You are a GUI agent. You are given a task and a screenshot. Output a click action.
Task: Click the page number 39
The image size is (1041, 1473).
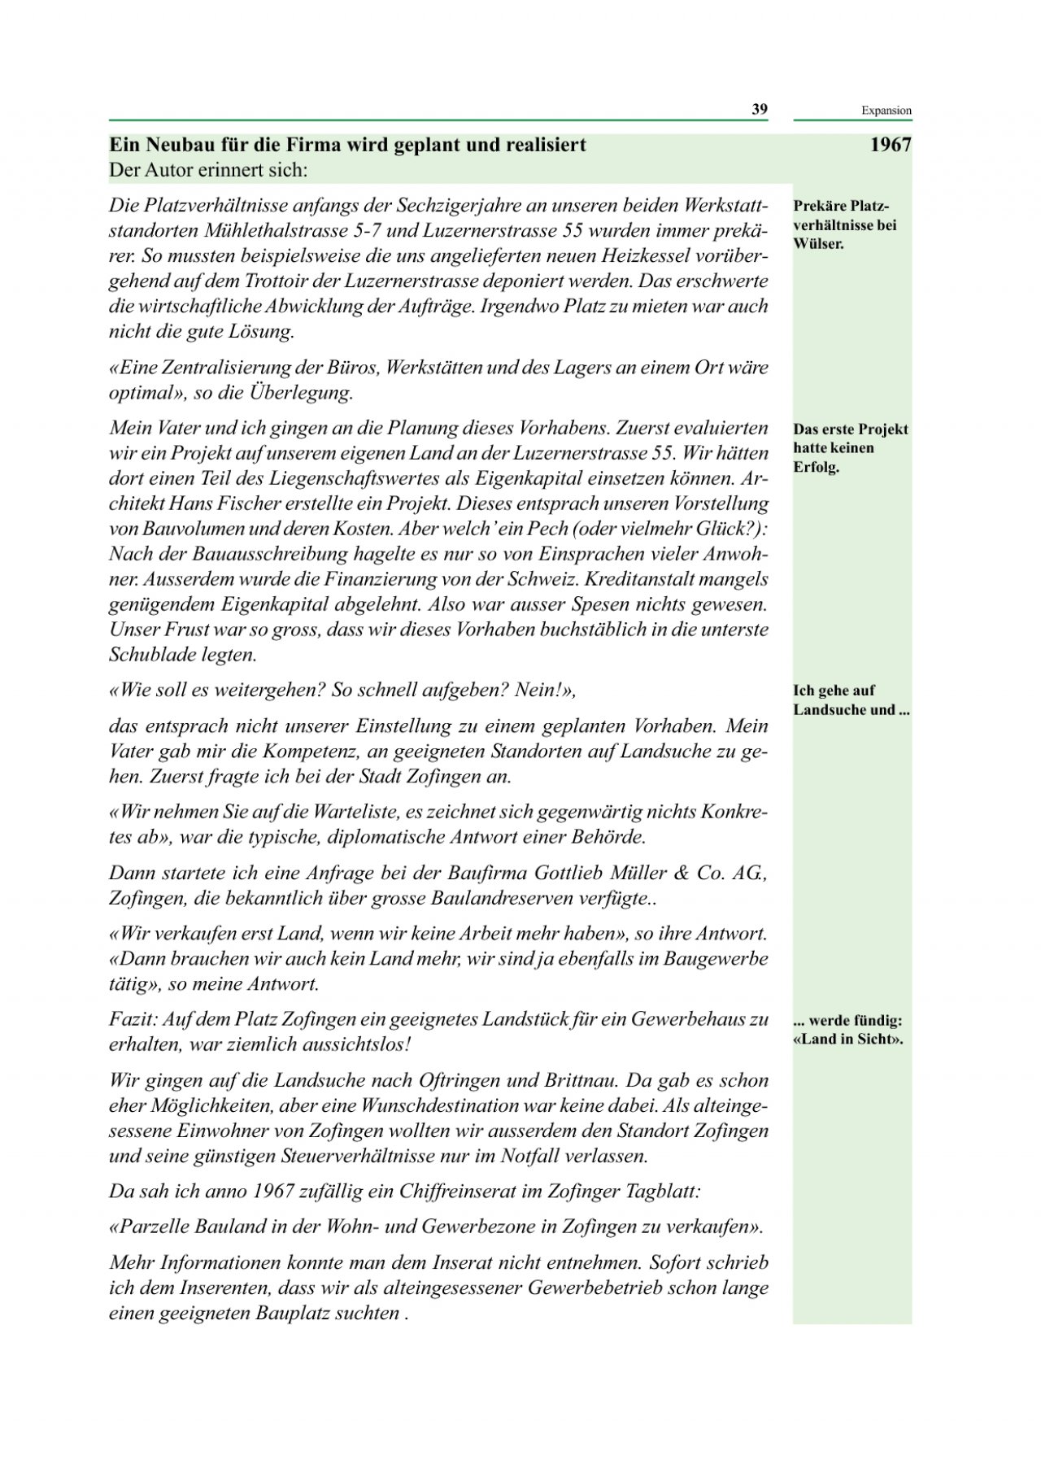pyautogui.click(x=759, y=110)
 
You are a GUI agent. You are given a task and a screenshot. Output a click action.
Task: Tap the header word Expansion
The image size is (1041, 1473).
pyautogui.click(x=886, y=111)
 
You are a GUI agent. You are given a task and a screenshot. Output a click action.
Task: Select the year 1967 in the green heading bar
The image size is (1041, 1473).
pyautogui.click(x=890, y=146)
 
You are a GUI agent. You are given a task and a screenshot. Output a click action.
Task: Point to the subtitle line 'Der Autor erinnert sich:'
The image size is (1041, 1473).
pyautogui.click(x=208, y=171)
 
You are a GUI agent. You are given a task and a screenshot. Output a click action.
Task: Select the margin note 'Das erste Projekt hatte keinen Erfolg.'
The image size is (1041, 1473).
pyautogui.click(x=850, y=448)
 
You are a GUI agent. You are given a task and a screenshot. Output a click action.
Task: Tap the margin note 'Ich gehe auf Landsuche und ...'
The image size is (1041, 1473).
pyautogui.click(x=850, y=700)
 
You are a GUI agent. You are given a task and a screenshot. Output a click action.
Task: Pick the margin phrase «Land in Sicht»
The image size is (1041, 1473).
pyautogui.click(x=847, y=1039)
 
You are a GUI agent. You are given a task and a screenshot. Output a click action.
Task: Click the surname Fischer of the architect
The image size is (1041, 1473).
pyautogui.click(x=240, y=503)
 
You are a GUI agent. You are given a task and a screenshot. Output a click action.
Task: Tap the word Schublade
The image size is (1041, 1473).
pyautogui.click(x=151, y=655)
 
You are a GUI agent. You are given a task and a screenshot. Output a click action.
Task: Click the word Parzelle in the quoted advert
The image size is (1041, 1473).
pyautogui.click(x=150, y=1227)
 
